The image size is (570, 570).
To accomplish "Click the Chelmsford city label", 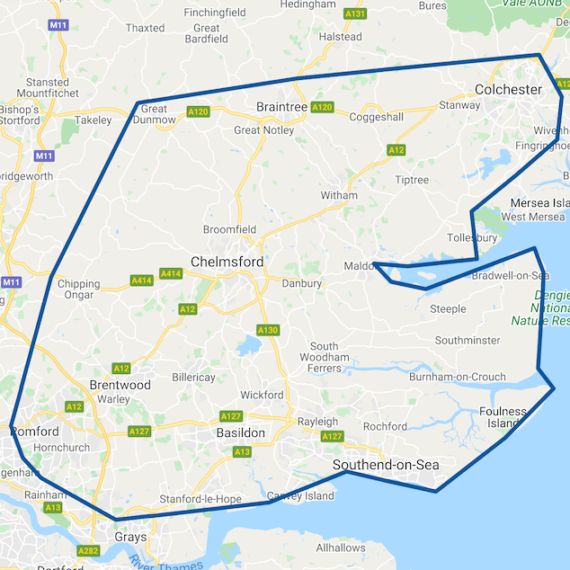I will [x=227, y=262].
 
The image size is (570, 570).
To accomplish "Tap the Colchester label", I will [x=508, y=89].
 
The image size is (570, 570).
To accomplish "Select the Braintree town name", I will [x=281, y=106].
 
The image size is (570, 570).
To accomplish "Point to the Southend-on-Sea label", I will [x=386, y=465].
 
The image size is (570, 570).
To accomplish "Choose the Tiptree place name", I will [x=413, y=180].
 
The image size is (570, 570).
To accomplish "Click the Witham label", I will [x=339, y=195].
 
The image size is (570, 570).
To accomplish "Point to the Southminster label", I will [x=468, y=341].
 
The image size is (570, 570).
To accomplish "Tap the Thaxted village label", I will [x=145, y=28].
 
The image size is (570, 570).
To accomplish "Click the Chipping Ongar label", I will [x=78, y=289].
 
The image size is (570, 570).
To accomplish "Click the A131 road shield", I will [x=355, y=13].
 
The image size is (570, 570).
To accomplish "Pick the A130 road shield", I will [x=268, y=331].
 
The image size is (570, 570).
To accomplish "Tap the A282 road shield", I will [x=88, y=551].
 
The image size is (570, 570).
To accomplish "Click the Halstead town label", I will [x=340, y=37].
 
